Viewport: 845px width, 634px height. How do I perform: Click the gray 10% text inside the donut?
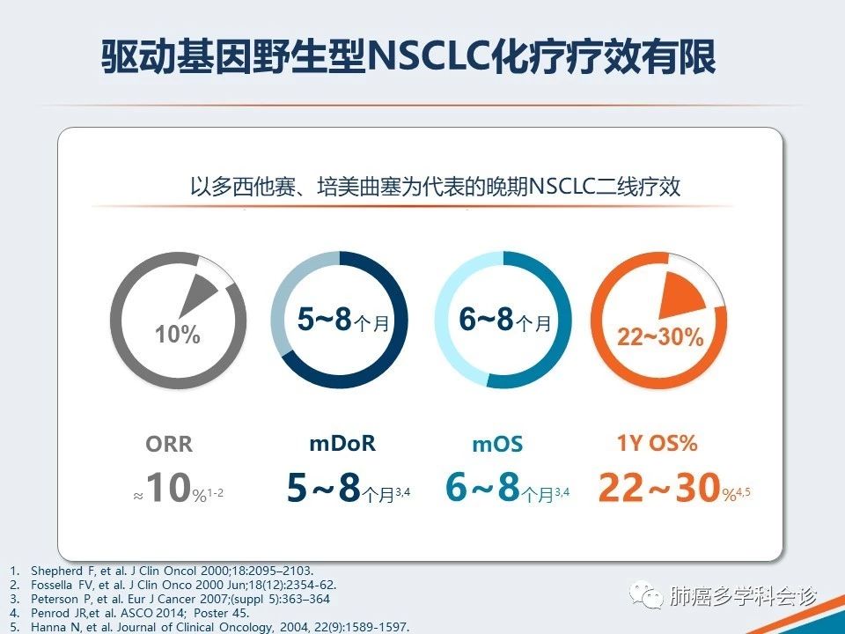point(178,334)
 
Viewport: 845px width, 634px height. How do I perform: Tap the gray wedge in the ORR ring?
point(197,294)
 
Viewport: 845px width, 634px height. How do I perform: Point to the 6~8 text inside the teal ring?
point(486,319)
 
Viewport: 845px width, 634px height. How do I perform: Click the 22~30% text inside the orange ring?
point(660,337)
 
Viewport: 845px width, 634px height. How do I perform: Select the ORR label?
point(169,444)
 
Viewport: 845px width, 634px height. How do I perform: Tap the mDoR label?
point(342,443)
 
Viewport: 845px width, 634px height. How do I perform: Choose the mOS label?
point(497,444)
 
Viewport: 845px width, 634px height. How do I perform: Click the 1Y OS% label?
point(657,443)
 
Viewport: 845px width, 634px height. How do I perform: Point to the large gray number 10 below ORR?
point(169,487)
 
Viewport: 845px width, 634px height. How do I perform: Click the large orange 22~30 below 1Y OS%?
point(659,487)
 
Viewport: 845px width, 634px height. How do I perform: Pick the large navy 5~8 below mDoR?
point(323,487)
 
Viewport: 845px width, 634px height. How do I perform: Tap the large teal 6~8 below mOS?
point(482,487)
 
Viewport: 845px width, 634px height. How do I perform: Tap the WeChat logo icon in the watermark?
point(647,596)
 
